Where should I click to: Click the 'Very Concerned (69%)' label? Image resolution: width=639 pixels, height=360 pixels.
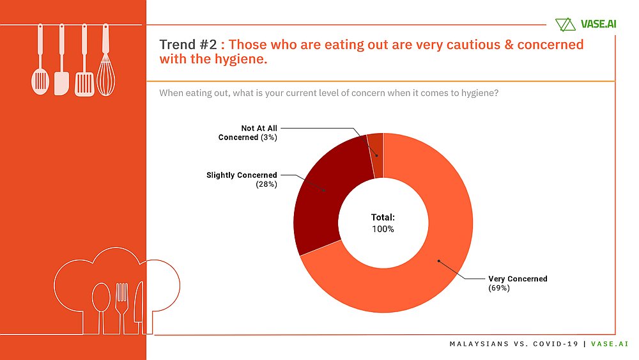(518, 283)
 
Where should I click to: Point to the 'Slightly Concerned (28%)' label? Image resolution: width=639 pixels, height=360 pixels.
(242, 179)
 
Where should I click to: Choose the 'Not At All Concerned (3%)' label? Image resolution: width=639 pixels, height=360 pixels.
(248, 132)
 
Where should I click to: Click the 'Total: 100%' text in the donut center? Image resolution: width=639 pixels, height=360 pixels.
(383, 223)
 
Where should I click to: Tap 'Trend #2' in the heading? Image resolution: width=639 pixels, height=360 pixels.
(188, 45)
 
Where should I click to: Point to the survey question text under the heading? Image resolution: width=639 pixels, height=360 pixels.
(328, 93)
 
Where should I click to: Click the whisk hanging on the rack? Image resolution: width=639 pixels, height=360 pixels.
(105, 70)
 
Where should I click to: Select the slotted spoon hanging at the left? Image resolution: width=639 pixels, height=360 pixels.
(40, 70)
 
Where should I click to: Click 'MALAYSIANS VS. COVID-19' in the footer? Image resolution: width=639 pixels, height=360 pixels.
(514, 344)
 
